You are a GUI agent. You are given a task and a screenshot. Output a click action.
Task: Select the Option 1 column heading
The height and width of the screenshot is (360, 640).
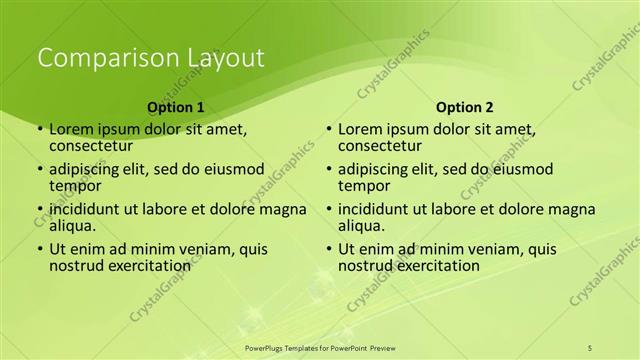(x=176, y=106)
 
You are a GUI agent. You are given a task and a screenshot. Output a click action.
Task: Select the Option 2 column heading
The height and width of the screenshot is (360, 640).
(x=465, y=106)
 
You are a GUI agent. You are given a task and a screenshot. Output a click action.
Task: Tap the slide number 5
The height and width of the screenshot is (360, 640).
(x=590, y=347)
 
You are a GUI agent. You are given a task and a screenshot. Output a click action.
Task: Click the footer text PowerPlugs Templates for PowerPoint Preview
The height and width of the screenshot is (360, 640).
(x=328, y=347)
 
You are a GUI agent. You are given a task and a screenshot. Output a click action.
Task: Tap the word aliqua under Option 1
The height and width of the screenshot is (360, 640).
(x=71, y=225)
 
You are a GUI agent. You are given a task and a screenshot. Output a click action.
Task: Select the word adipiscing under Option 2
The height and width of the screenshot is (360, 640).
(x=375, y=169)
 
